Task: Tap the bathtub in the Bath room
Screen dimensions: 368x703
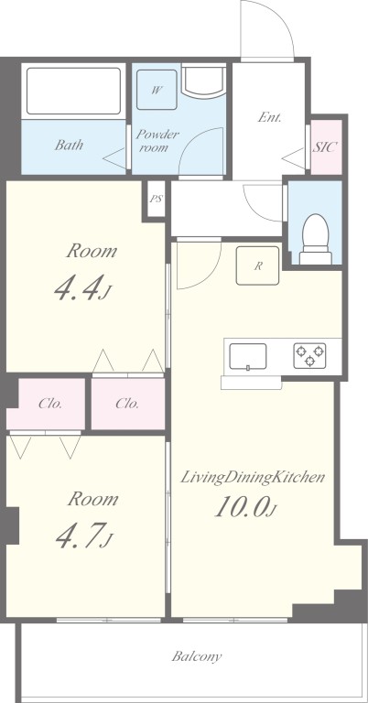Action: [73, 91]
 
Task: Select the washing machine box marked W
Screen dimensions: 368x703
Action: [157, 90]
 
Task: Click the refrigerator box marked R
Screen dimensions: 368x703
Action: [258, 265]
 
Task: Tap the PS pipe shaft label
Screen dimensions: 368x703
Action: [156, 199]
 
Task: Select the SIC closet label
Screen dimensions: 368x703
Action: [325, 146]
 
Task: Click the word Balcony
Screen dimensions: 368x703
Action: [197, 657]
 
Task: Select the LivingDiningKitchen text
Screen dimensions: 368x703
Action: [253, 478]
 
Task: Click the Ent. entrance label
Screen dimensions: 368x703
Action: [269, 117]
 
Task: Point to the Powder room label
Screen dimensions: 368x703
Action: [157, 140]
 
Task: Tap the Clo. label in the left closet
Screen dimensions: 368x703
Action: [50, 404]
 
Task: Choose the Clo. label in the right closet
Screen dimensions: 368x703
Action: [127, 404]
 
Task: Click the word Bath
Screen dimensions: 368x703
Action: [69, 145]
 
